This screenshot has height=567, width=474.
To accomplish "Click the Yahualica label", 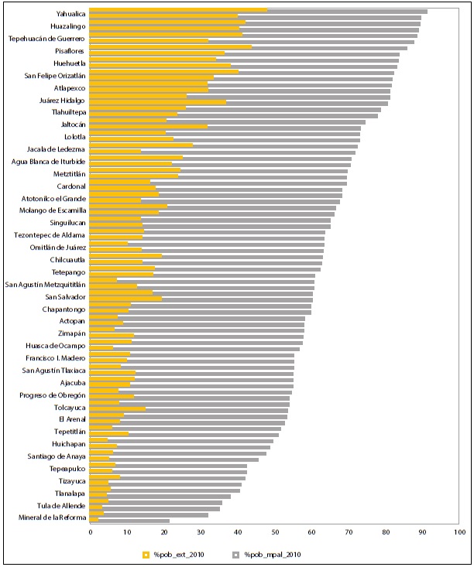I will pyautogui.click(x=70, y=13).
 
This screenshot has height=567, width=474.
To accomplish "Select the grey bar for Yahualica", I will pyautogui.click(x=349, y=11).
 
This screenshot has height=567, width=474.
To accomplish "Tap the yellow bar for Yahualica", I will pyautogui.click(x=178, y=11).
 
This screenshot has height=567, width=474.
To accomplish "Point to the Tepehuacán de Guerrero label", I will pyautogui.click(x=46, y=38).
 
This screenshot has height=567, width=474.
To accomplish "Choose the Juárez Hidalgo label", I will pyautogui.click(x=62, y=100).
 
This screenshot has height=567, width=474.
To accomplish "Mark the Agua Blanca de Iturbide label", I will pyautogui.click(x=48, y=161).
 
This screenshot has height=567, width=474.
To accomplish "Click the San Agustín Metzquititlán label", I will pyautogui.click(x=45, y=285).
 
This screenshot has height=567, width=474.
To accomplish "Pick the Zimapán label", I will pyautogui.click(x=71, y=333).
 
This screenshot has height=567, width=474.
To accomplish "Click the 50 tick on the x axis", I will pyautogui.click(x=274, y=532).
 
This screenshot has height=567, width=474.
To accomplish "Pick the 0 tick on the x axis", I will pyautogui.click(x=89, y=532).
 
